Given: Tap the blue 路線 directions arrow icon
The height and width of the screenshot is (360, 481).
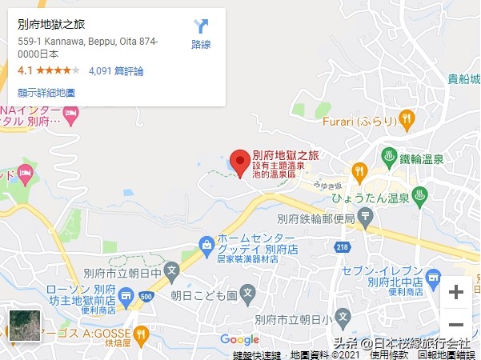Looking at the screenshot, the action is (x=201, y=26).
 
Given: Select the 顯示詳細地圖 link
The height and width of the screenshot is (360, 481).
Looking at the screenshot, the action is (x=46, y=93).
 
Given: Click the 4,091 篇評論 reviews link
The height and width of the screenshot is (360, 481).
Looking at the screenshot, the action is (x=116, y=71).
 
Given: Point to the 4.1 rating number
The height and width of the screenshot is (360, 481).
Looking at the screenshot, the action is (x=25, y=71).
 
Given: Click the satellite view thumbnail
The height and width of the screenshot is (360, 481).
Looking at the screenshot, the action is (x=20, y=325).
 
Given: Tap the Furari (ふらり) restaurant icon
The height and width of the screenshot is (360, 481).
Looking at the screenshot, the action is (x=407, y=120).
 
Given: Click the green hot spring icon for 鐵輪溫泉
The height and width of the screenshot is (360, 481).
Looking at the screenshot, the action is (x=389, y=154).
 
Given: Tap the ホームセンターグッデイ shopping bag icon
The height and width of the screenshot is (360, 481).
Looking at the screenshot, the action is (x=206, y=242).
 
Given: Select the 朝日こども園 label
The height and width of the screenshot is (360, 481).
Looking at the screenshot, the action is (x=203, y=295).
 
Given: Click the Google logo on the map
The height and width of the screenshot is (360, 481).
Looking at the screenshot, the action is (x=239, y=340).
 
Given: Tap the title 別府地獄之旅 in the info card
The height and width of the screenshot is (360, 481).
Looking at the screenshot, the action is (x=50, y=25).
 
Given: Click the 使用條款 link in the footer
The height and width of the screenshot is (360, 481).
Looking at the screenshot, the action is (x=390, y=354).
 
